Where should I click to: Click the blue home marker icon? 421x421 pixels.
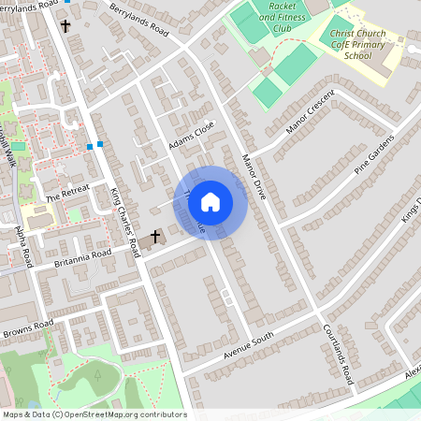[x=210, y=200]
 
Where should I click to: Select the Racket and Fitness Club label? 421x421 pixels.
[x=282, y=16]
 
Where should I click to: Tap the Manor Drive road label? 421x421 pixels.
[x=253, y=172]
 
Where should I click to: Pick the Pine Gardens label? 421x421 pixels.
[x=375, y=155]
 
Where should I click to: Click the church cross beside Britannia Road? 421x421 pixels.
[x=155, y=238]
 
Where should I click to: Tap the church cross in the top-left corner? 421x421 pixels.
[x=65, y=25]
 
